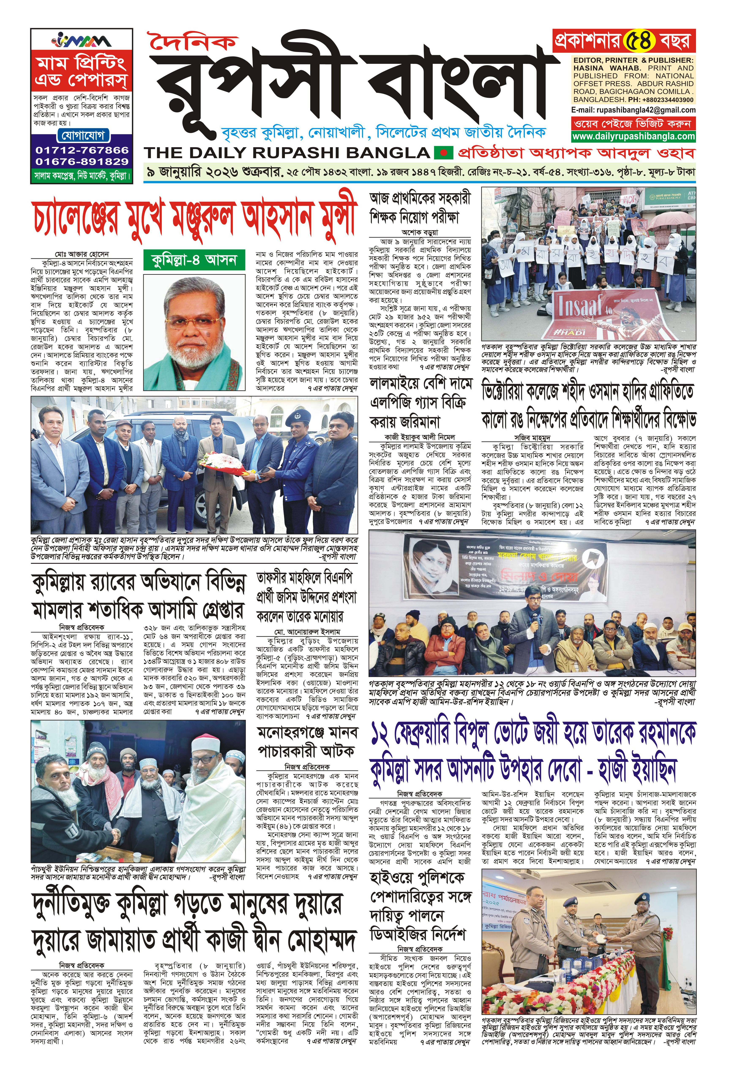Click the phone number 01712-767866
82,150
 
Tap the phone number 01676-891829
82,162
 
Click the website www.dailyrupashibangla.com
633,136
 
